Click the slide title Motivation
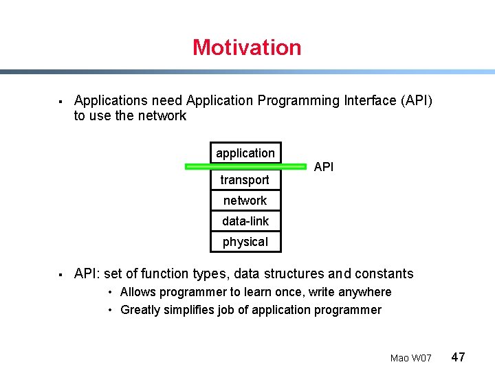point(247,47)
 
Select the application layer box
point(245,153)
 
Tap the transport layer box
point(245,180)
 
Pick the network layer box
point(245,201)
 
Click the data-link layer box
point(245,221)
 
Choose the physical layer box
point(245,242)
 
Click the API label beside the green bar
point(324,167)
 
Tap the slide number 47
point(458,357)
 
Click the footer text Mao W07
point(410,358)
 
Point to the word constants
point(382,273)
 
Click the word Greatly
point(140,310)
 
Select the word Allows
point(137,292)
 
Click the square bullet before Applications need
point(60,102)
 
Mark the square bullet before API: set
point(60,275)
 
